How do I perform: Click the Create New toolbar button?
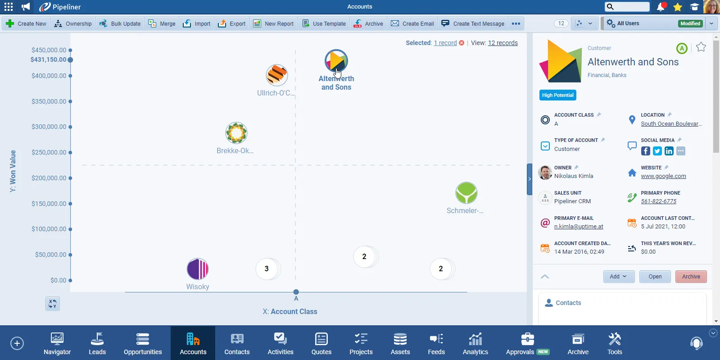pyautogui.click(x=27, y=23)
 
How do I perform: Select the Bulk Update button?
pyautogui.click(x=120, y=23)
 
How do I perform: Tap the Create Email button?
pyautogui.click(x=412, y=23)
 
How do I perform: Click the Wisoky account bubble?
pyautogui.click(x=198, y=269)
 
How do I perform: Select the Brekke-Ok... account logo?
pyautogui.click(x=236, y=133)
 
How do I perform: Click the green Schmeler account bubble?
pyautogui.click(x=466, y=193)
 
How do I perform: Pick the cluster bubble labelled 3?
pyautogui.click(x=267, y=269)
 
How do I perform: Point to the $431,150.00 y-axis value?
pyautogui.click(x=48, y=59)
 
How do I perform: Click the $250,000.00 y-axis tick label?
pyautogui.click(x=49, y=152)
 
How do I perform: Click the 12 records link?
pyautogui.click(x=503, y=43)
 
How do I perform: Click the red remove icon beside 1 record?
pyautogui.click(x=462, y=43)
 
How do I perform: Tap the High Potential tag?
pyautogui.click(x=557, y=95)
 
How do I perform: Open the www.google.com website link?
pyautogui.click(x=663, y=176)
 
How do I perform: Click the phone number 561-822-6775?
pyautogui.click(x=658, y=201)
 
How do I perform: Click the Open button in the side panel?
pyautogui.click(x=655, y=277)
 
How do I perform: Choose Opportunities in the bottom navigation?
pyautogui.click(x=143, y=343)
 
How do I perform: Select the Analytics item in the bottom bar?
pyautogui.click(x=475, y=343)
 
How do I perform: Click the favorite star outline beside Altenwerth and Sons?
pyautogui.click(x=701, y=47)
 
